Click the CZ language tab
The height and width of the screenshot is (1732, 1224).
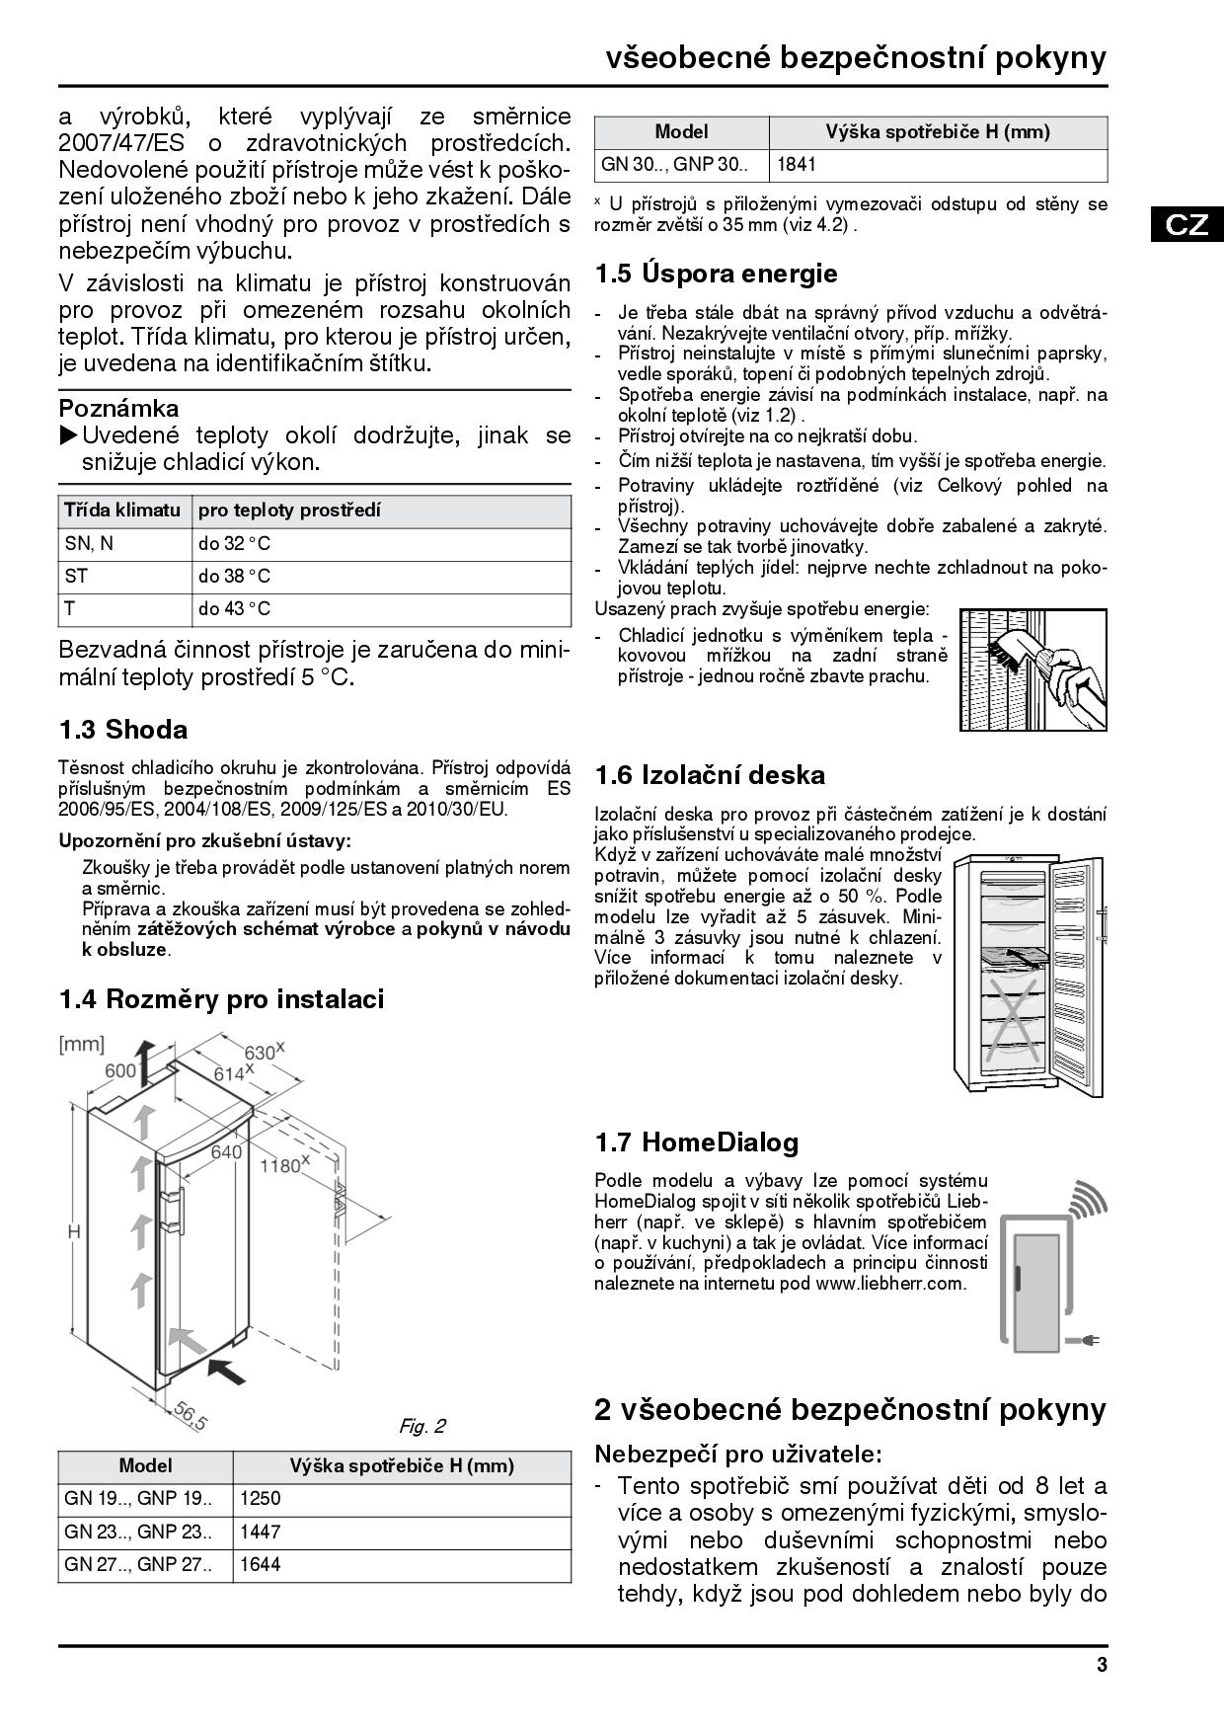(1186, 224)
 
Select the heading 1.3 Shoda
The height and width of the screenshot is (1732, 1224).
(123, 730)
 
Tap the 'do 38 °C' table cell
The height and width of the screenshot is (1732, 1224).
(234, 577)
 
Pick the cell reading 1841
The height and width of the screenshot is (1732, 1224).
(797, 165)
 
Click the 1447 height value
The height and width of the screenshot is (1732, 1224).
(261, 1532)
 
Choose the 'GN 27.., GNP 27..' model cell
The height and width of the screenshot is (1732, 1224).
(137, 1564)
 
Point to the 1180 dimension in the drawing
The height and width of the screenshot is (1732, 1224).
(281, 1166)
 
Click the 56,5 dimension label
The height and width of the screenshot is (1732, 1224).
(190, 1416)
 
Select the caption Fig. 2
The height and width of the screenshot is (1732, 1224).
(421, 1426)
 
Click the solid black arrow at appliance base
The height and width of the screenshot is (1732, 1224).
(228, 1371)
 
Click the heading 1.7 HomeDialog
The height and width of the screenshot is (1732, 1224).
(696, 1142)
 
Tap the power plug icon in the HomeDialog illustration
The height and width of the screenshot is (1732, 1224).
(1090, 1340)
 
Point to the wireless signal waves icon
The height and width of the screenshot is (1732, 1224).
(1088, 1199)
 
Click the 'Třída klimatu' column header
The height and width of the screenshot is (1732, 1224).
(122, 511)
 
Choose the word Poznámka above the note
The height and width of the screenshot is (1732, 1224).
(118, 408)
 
